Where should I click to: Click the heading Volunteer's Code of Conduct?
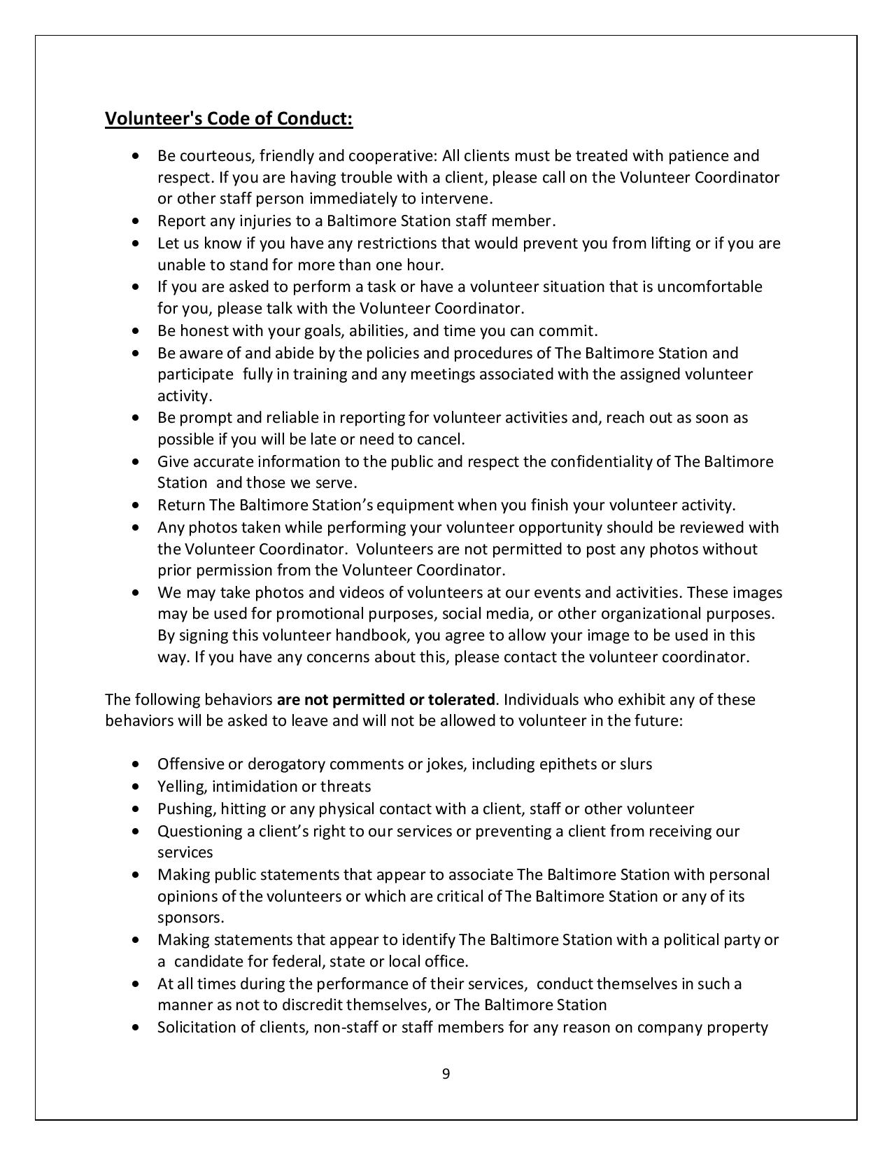229,119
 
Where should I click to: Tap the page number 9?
446,1074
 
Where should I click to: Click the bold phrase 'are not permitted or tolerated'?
386,699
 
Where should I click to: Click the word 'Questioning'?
197,831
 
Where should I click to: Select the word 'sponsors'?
189,918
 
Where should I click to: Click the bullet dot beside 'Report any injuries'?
136,221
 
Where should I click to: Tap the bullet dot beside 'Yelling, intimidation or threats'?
136,786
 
